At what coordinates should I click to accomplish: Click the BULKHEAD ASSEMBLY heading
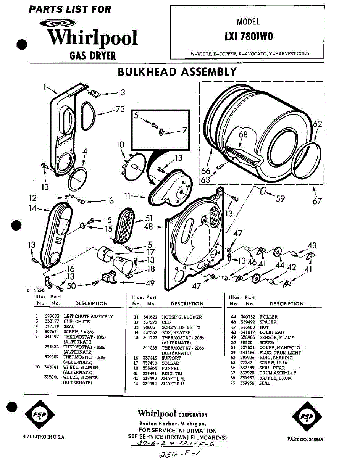pyautogui.click(x=177, y=72)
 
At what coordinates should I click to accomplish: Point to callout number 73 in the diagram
pyautogui.click(x=120, y=110)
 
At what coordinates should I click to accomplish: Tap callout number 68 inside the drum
pyautogui.click(x=243, y=134)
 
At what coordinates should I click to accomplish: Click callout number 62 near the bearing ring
pyautogui.click(x=318, y=124)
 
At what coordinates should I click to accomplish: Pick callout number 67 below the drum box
pyautogui.click(x=317, y=201)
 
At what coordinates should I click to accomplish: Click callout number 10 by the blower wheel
pyautogui.click(x=120, y=145)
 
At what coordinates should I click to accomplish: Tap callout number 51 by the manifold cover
pyautogui.click(x=149, y=218)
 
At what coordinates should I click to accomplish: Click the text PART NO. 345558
pyautogui.click(x=305, y=439)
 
